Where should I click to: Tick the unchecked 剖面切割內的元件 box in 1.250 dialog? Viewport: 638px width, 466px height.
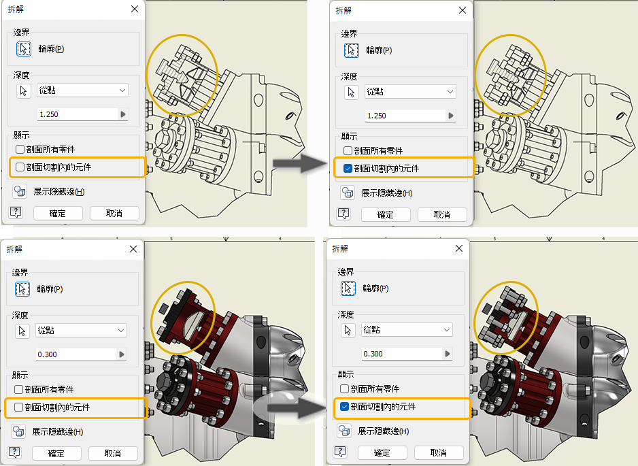pos(20,167)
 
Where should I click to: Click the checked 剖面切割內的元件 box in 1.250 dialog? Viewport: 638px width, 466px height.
pos(348,168)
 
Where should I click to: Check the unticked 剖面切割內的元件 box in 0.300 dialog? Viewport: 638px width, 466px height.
pos(18,407)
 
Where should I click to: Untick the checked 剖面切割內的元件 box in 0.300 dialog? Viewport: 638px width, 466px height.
pos(344,406)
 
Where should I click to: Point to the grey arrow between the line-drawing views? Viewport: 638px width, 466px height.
pos(300,163)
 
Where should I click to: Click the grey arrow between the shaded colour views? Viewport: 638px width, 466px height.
pos(297,407)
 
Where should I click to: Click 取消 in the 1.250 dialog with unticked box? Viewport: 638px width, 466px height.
pos(114,213)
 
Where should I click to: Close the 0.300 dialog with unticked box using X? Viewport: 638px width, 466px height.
pos(133,249)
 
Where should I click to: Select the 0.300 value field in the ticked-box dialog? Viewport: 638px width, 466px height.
pos(402,354)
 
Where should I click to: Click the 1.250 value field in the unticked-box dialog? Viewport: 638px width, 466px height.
pos(78,114)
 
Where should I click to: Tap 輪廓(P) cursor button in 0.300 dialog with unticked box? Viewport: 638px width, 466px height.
pos(22,289)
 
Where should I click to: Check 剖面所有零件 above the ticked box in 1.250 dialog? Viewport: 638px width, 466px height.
pos(348,150)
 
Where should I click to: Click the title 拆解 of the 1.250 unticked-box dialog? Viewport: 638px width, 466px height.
pos(16,9)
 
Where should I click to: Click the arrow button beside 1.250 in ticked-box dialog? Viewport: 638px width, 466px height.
pos(451,116)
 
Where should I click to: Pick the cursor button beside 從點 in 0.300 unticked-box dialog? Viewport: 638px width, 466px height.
pos(22,331)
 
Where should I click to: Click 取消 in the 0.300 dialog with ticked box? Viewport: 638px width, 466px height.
pos(439,452)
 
